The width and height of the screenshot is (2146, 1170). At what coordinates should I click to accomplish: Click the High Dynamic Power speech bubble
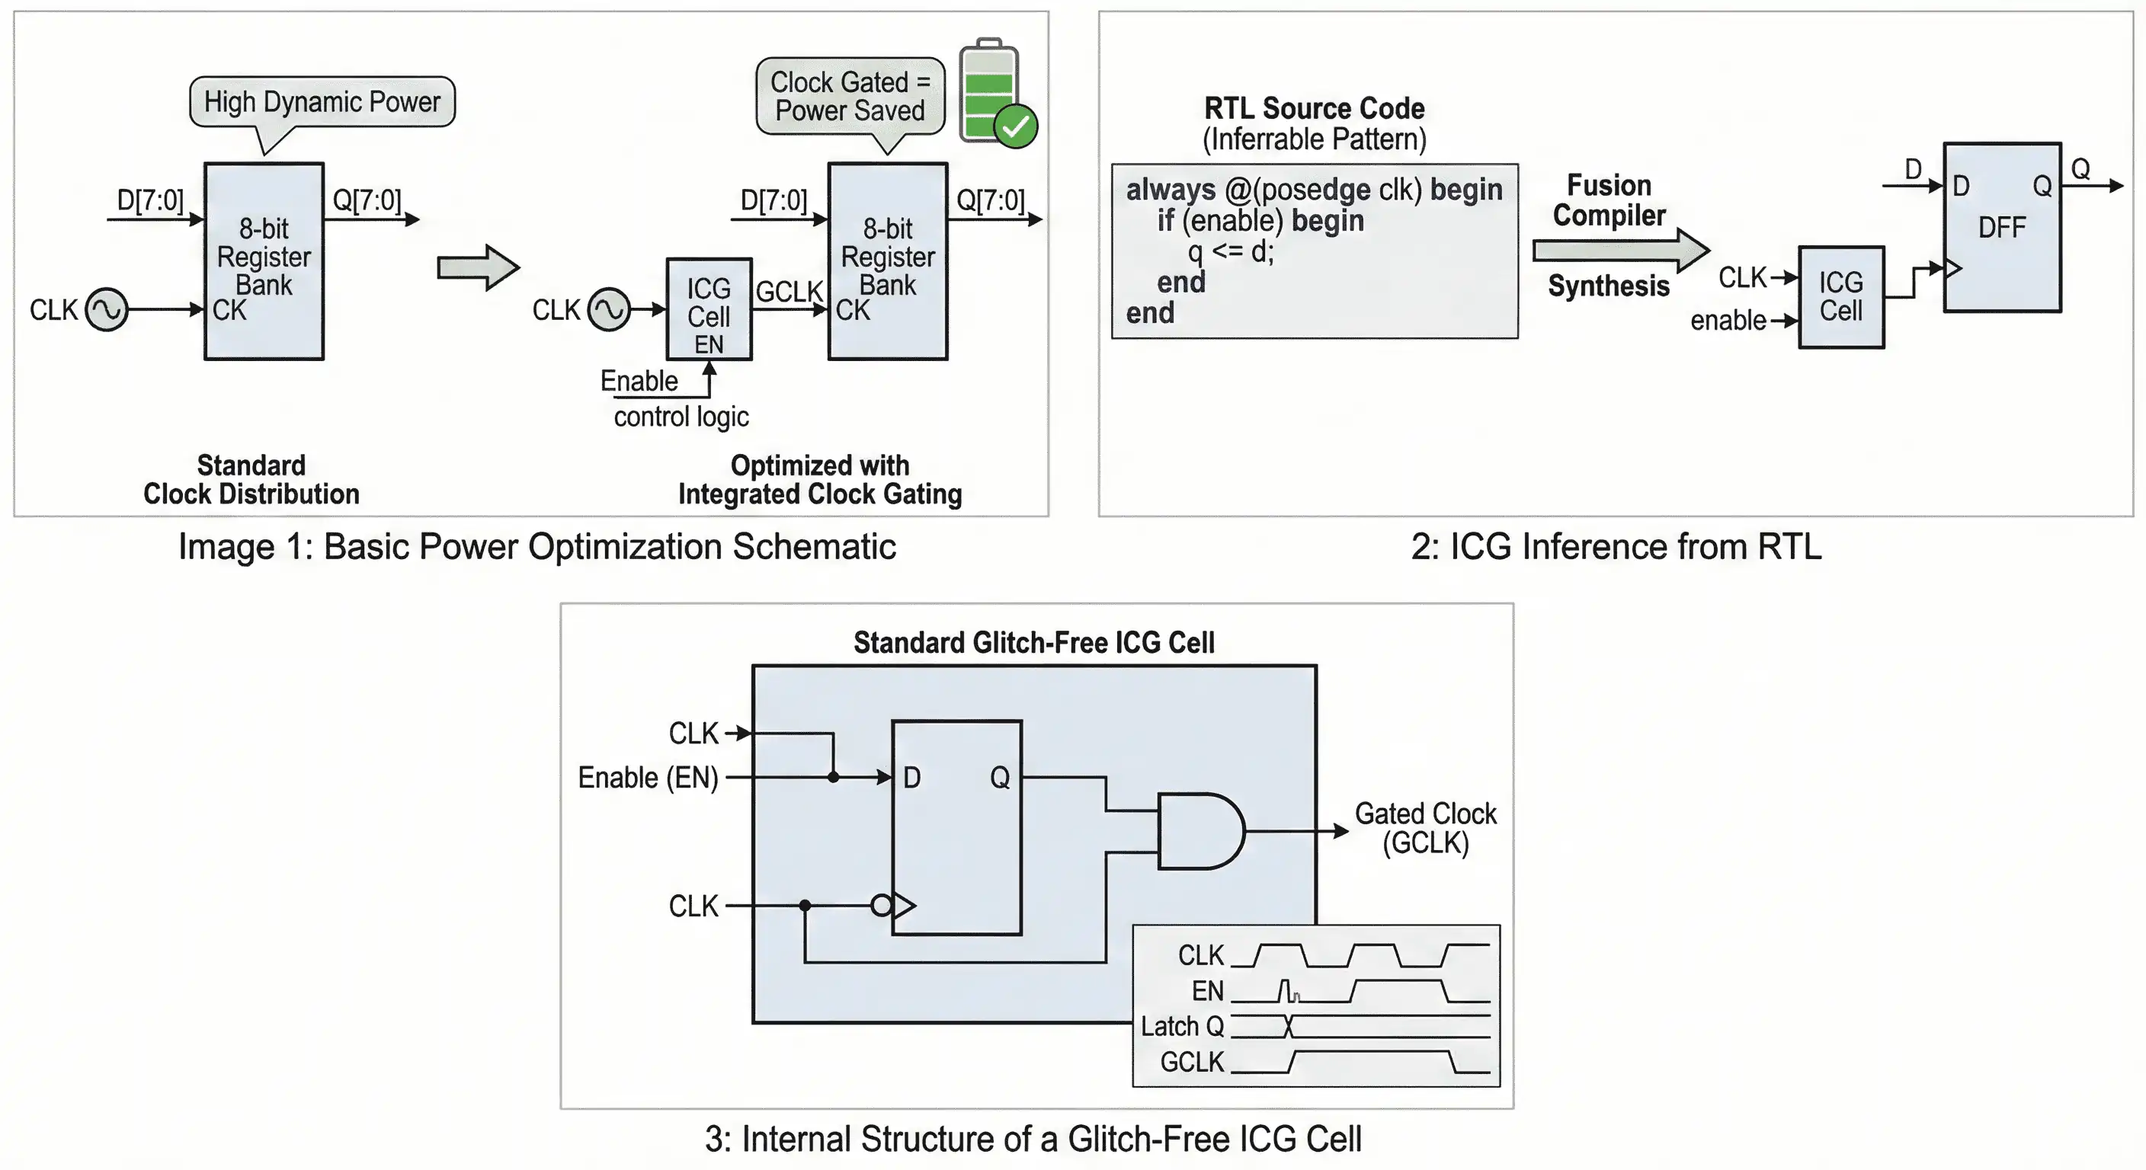[x=322, y=101]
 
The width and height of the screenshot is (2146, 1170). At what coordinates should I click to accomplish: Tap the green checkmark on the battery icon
[x=1016, y=126]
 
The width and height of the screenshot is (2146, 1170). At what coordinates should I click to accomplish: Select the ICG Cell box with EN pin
[x=709, y=309]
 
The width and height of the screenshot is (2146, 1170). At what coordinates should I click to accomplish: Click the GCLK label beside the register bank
[x=788, y=292]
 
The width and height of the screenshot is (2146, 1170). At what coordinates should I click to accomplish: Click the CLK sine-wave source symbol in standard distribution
[x=107, y=310]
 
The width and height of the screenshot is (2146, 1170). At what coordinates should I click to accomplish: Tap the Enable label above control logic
[x=639, y=381]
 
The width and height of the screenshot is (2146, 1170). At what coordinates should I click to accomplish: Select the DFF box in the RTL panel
[x=2002, y=227]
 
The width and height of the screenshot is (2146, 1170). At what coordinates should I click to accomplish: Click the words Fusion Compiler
[x=1609, y=200]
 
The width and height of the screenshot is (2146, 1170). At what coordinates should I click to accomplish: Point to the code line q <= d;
[x=1231, y=251]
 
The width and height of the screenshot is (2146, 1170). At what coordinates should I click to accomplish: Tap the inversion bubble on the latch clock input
[x=880, y=905]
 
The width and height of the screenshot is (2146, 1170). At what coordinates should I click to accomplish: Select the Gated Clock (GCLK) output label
[x=1424, y=828]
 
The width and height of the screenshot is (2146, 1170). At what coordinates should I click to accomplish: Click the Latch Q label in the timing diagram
[x=1181, y=1026]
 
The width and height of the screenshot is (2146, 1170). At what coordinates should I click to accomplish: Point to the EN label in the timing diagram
[x=1207, y=991]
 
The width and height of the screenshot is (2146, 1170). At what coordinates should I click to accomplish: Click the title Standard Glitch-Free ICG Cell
[x=1033, y=642]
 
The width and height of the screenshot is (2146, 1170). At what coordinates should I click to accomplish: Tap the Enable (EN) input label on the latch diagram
[x=647, y=777]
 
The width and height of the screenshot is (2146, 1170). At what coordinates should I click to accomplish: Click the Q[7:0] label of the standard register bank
[x=367, y=200]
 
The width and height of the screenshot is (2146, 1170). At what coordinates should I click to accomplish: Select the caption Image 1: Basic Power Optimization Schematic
[x=536, y=547]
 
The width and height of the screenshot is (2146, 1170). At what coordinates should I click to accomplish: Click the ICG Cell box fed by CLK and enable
[x=1840, y=297]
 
